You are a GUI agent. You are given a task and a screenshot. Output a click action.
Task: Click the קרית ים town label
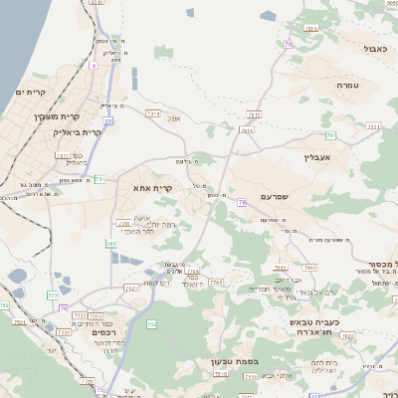pos(26,92)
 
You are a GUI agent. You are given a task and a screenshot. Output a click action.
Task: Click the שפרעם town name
pos(281,197)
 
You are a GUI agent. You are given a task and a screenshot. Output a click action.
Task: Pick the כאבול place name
pos(375,48)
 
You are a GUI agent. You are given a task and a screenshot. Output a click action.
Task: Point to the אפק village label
pos(173,119)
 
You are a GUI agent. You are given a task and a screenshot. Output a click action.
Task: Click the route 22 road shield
pos(108,120)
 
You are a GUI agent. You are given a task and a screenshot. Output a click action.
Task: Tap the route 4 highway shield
pos(94,65)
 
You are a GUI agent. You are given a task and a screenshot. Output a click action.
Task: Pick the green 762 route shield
pos(152,324)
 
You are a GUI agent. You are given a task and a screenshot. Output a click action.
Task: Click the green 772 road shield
pos(52,295)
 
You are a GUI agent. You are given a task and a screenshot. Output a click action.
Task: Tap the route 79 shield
pos(242,203)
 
